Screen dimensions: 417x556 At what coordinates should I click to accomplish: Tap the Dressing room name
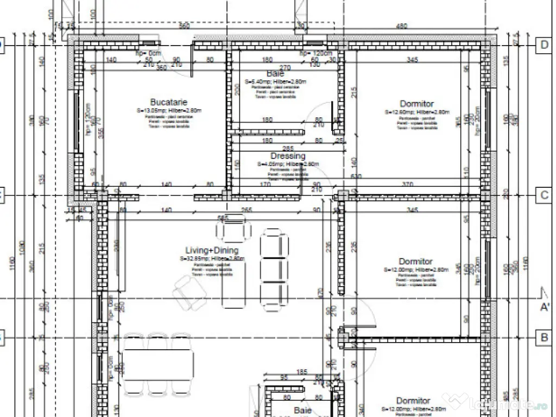tap(288, 156)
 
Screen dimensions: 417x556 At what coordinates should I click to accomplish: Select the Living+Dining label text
tap(211, 250)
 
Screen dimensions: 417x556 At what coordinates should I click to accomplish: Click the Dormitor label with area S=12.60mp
tap(416, 104)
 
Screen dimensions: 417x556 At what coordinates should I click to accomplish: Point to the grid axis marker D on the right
tap(544, 45)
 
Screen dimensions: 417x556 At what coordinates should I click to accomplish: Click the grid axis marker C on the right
tap(544, 195)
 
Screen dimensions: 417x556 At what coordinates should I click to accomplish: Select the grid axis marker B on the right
tap(544, 338)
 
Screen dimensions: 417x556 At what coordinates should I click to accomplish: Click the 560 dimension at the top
tap(185, 26)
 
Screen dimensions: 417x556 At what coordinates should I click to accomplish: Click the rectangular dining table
tap(158, 365)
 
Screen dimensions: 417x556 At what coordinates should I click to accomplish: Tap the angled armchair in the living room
tap(189, 294)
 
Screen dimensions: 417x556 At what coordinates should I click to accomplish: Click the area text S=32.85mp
tap(211, 259)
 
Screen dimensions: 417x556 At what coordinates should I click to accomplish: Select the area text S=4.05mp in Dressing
tap(288, 163)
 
